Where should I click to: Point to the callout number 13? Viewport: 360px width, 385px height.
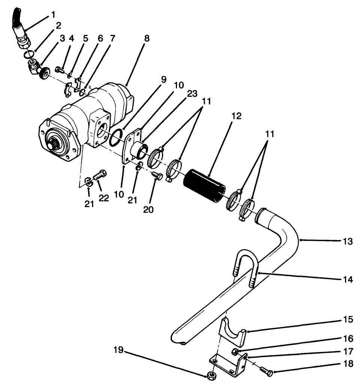[348, 241]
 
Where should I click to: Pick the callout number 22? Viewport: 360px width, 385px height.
[103, 198]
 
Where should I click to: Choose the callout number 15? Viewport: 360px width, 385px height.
[348, 320]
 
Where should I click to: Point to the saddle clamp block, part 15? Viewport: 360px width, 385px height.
[232, 332]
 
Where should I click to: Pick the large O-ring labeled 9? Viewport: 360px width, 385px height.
[116, 137]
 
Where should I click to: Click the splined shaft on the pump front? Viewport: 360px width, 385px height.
[52, 144]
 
